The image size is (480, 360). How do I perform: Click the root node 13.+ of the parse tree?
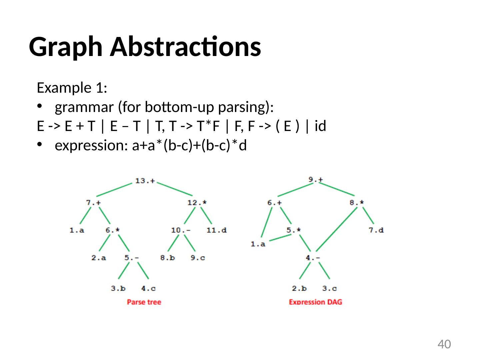coord(145,181)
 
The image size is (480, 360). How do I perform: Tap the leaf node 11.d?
coord(217,230)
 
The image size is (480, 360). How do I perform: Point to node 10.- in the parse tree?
coord(181,230)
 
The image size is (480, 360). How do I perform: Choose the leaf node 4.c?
coord(148,288)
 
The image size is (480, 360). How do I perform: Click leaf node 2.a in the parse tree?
coord(99,258)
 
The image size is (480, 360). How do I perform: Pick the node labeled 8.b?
coord(167,258)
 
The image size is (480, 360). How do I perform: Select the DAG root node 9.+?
coord(315,179)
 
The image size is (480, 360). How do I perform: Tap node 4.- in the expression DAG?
coord(313,258)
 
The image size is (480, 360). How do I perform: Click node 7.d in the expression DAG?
coord(376,230)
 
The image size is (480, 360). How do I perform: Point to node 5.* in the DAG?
coord(294,230)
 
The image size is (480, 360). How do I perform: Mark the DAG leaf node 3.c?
coord(329,288)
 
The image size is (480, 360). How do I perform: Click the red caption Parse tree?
coord(144,302)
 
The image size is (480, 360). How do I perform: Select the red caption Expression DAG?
coord(315,302)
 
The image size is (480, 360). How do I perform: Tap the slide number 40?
coord(444,344)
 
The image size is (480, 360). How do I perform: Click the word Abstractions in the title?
coord(185,47)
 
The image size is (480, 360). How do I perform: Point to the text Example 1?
coord(72,88)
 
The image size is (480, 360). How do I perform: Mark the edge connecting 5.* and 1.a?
coord(280,237)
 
